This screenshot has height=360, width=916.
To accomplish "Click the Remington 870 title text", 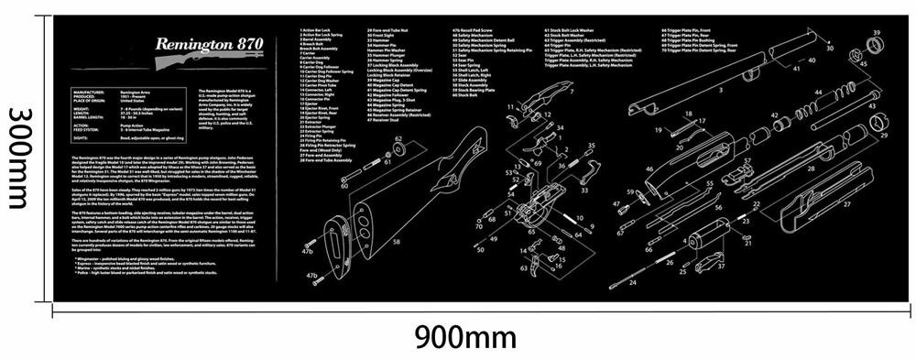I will point(198,44).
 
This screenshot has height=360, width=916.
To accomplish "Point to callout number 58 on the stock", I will point(397,242).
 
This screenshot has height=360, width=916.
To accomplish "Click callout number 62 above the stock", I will point(398,139).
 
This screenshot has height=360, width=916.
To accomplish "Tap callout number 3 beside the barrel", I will point(720,91).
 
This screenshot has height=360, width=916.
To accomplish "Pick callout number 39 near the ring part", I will point(876,33).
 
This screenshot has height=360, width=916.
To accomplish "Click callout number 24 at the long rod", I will point(631,283).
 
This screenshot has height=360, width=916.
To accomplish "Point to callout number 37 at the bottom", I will point(720,267).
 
